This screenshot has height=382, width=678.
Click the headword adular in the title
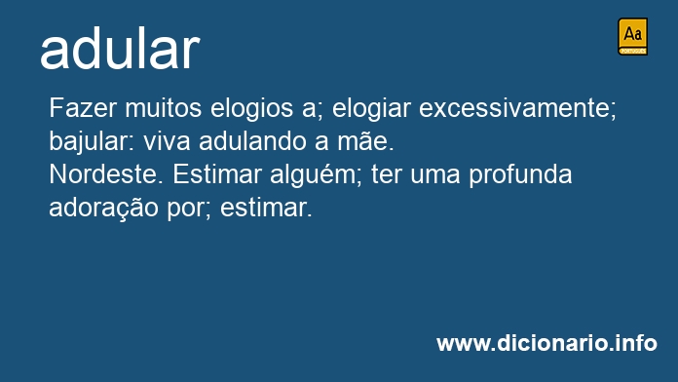pyautogui.click(x=120, y=49)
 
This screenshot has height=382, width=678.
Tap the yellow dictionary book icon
pyautogui.click(x=632, y=36)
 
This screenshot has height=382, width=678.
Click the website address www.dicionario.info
pyautogui.click(x=546, y=343)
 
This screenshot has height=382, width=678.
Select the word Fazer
pyautogui.click(x=83, y=108)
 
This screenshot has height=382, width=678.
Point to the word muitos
pyautogui.click(x=163, y=108)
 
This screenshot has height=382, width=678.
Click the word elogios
pyautogui.click(x=251, y=108)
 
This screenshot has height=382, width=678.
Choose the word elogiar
pyautogui.click(x=371, y=108)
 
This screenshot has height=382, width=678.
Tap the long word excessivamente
pyautogui.click(x=514, y=108)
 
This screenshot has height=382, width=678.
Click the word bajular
pyautogui.click(x=89, y=141)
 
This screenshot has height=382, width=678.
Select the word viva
pyautogui.click(x=167, y=141)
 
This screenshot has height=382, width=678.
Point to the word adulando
pyautogui.click(x=252, y=141)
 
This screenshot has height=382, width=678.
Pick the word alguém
pyautogui.click(x=312, y=174)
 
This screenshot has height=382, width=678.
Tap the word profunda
pyautogui.click(x=520, y=174)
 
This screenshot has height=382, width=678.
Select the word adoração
pyautogui.click(x=103, y=209)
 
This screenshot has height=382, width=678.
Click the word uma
pyautogui.click(x=435, y=175)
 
